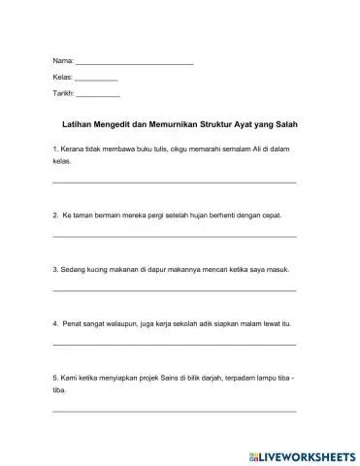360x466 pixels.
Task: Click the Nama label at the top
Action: [61, 62]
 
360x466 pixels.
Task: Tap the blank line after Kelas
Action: [96, 79]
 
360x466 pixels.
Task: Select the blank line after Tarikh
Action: [98, 95]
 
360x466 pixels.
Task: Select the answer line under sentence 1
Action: [174, 183]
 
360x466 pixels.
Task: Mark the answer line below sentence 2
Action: [174, 237]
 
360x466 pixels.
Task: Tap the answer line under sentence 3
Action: [174, 290]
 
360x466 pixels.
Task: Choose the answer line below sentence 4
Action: [174, 345]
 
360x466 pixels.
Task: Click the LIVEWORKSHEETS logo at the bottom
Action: [300, 453]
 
